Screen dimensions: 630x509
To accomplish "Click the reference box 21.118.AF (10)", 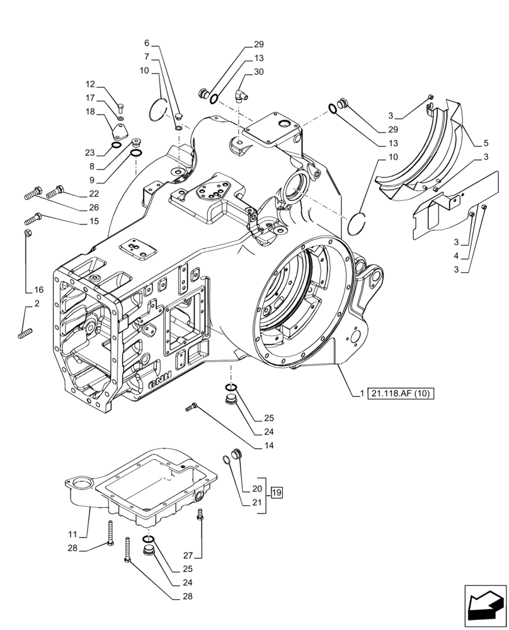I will (x=403, y=394).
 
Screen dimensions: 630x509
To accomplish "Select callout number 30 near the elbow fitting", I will (x=259, y=72).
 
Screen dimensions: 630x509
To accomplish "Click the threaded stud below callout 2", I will (x=25, y=331).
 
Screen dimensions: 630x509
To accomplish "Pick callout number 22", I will (x=93, y=193).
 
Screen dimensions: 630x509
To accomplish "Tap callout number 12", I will (x=90, y=84).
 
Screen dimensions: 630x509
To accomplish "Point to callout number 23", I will (x=90, y=152).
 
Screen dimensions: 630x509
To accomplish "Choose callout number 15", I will (x=94, y=221).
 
